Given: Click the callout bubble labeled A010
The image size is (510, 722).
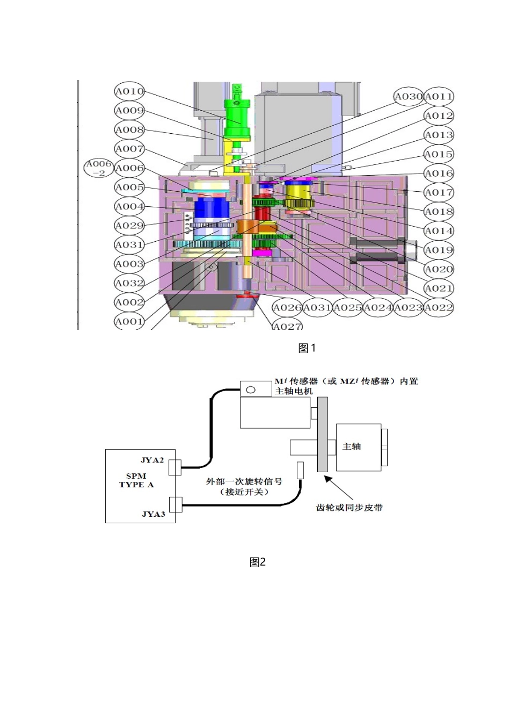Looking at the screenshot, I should click(x=129, y=91).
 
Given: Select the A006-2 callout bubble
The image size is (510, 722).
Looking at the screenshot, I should click(x=99, y=168).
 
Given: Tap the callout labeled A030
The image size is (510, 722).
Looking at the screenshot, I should click(x=409, y=97).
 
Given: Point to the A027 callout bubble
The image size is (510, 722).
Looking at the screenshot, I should click(x=287, y=326).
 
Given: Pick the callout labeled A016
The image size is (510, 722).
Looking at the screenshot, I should click(x=439, y=174).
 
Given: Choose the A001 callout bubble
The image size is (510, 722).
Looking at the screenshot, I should click(x=129, y=322).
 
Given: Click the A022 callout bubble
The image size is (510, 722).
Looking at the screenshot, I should click(x=439, y=308).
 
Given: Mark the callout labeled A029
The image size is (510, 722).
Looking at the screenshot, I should click(x=129, y=226).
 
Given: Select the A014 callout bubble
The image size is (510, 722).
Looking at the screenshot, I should click(x=439, y=231).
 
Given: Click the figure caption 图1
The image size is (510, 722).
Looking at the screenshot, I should click(x=307, y=348).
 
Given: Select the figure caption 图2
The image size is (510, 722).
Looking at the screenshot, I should click(x=258, y=562).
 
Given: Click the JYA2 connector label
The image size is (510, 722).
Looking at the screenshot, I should click(x=152, y=460).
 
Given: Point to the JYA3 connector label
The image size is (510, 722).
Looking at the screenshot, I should click(x=153, y=514).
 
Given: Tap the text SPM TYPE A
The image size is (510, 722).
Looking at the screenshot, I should click(x=136, y=480).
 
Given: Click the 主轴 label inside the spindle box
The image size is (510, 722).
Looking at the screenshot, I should click(x=352, y=446).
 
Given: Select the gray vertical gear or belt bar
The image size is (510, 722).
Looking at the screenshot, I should click(x=323, y=434).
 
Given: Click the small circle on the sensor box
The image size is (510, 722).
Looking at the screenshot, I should click(x=250, y=389).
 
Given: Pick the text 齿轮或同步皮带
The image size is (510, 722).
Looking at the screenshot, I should click(x=349, y=507).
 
